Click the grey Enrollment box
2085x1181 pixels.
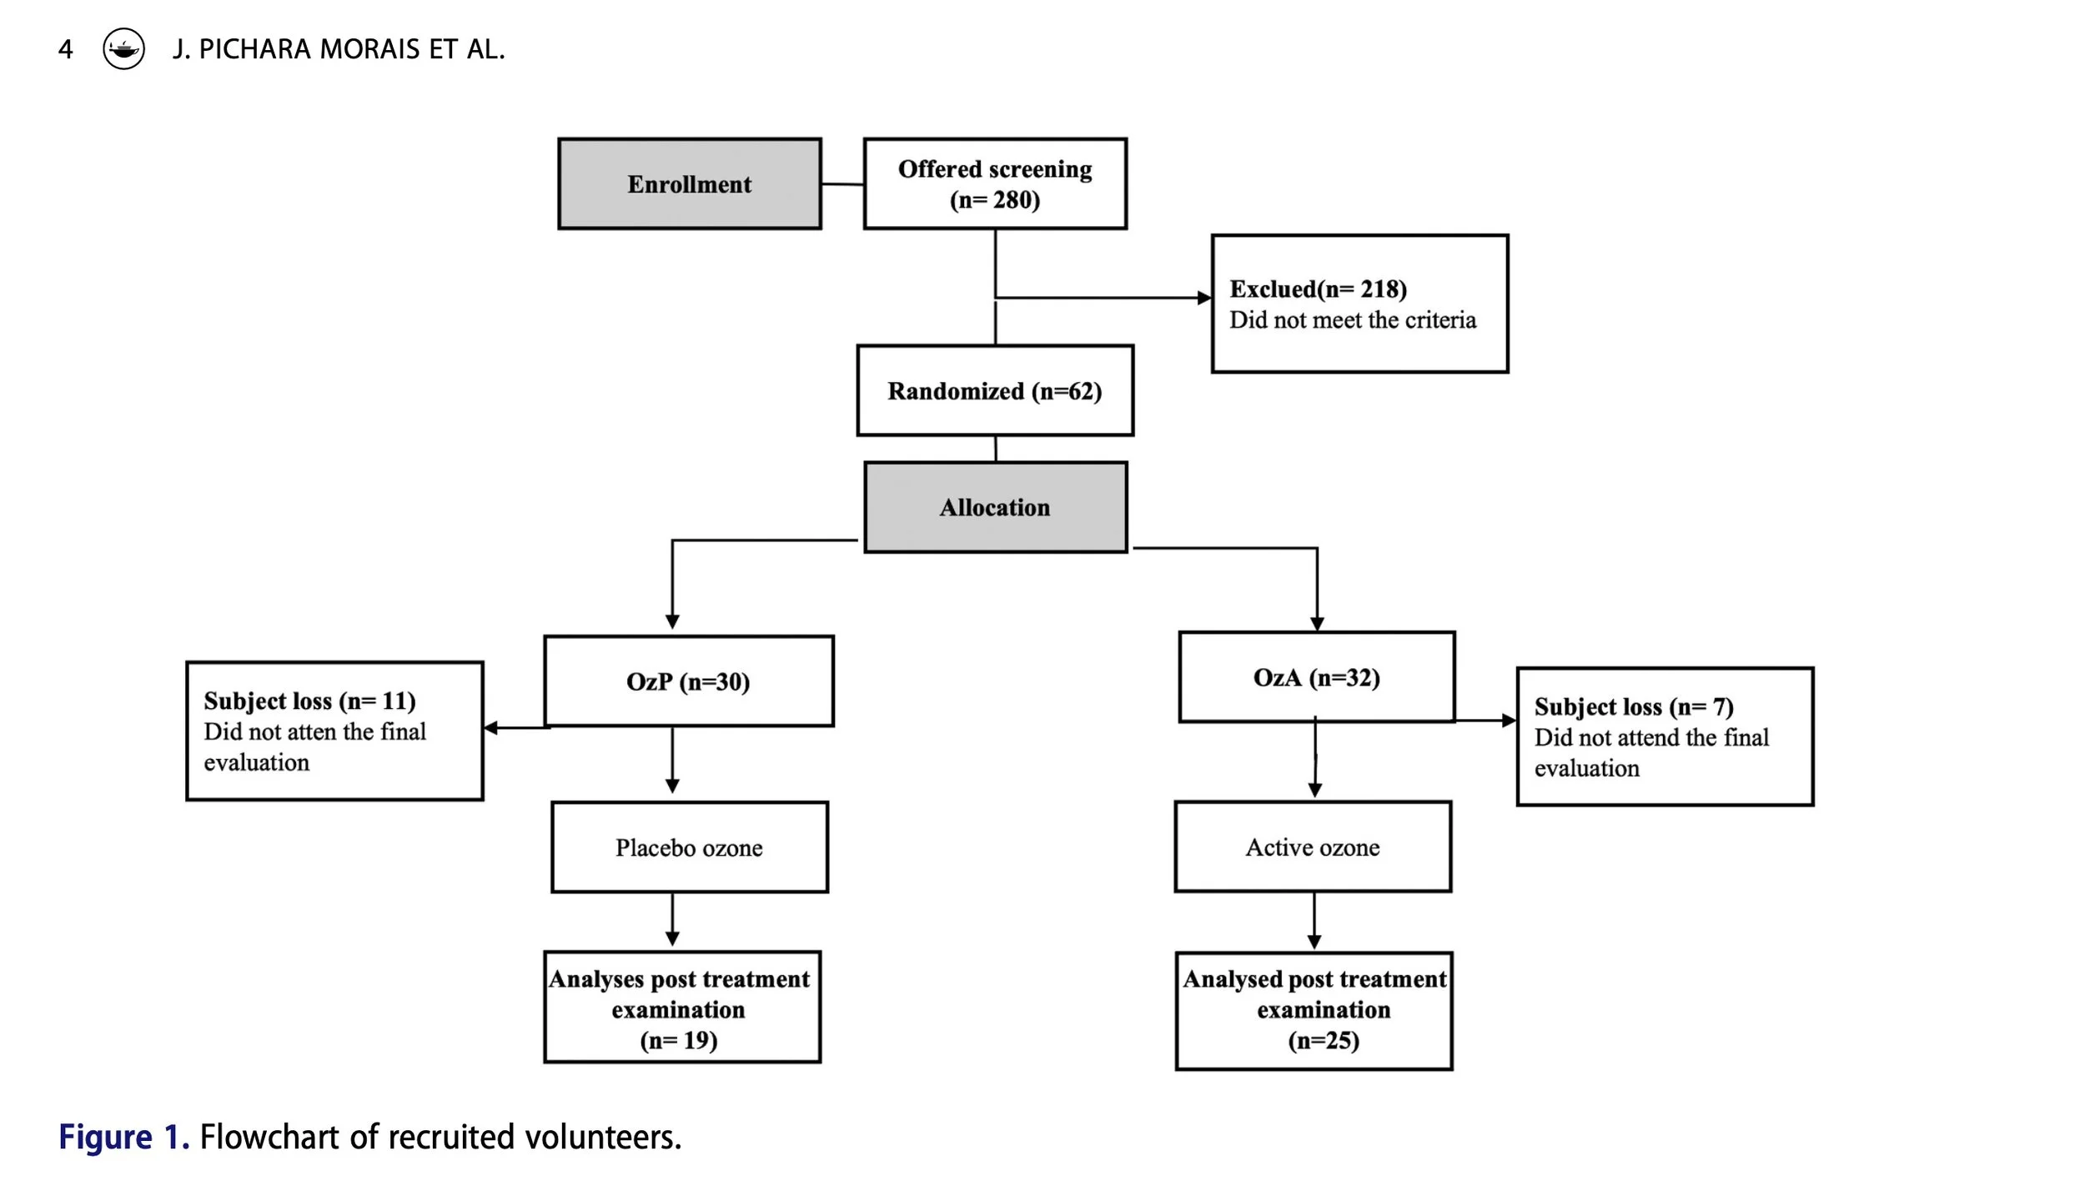click(x=689, y=184)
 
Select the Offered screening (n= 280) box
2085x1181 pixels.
click(x=995, y=184)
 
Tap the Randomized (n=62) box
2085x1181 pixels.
click(x=995, y=390)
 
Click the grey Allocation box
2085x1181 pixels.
click(x=995, y=507)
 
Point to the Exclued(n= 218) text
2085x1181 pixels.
click(x=1318, y=289)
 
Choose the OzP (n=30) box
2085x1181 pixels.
click(x=688, y=681)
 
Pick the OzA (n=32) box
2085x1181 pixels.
click(x=1316, y=677)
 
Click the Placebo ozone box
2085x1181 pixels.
click(x=689, y=847)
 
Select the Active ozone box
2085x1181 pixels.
click(x=1313, y=847)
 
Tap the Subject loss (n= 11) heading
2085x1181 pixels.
click(x=309, y=701)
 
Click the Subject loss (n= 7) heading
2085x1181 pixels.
click(x=1633, y=706)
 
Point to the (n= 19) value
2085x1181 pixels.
click(x=678, y=1040)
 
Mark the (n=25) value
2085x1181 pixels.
click(x=1324, y=1040)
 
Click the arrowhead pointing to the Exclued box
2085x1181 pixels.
click(x=1203, y=298)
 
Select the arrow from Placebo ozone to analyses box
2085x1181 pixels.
click(x=672, y=921)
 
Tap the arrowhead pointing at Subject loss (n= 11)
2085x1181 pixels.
click(x=491, y=728)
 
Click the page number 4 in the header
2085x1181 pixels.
click(x=65, y=49)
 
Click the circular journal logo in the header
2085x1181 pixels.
click(x=123, y=49)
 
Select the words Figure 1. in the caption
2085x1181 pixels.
click(x=123, y=1137)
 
